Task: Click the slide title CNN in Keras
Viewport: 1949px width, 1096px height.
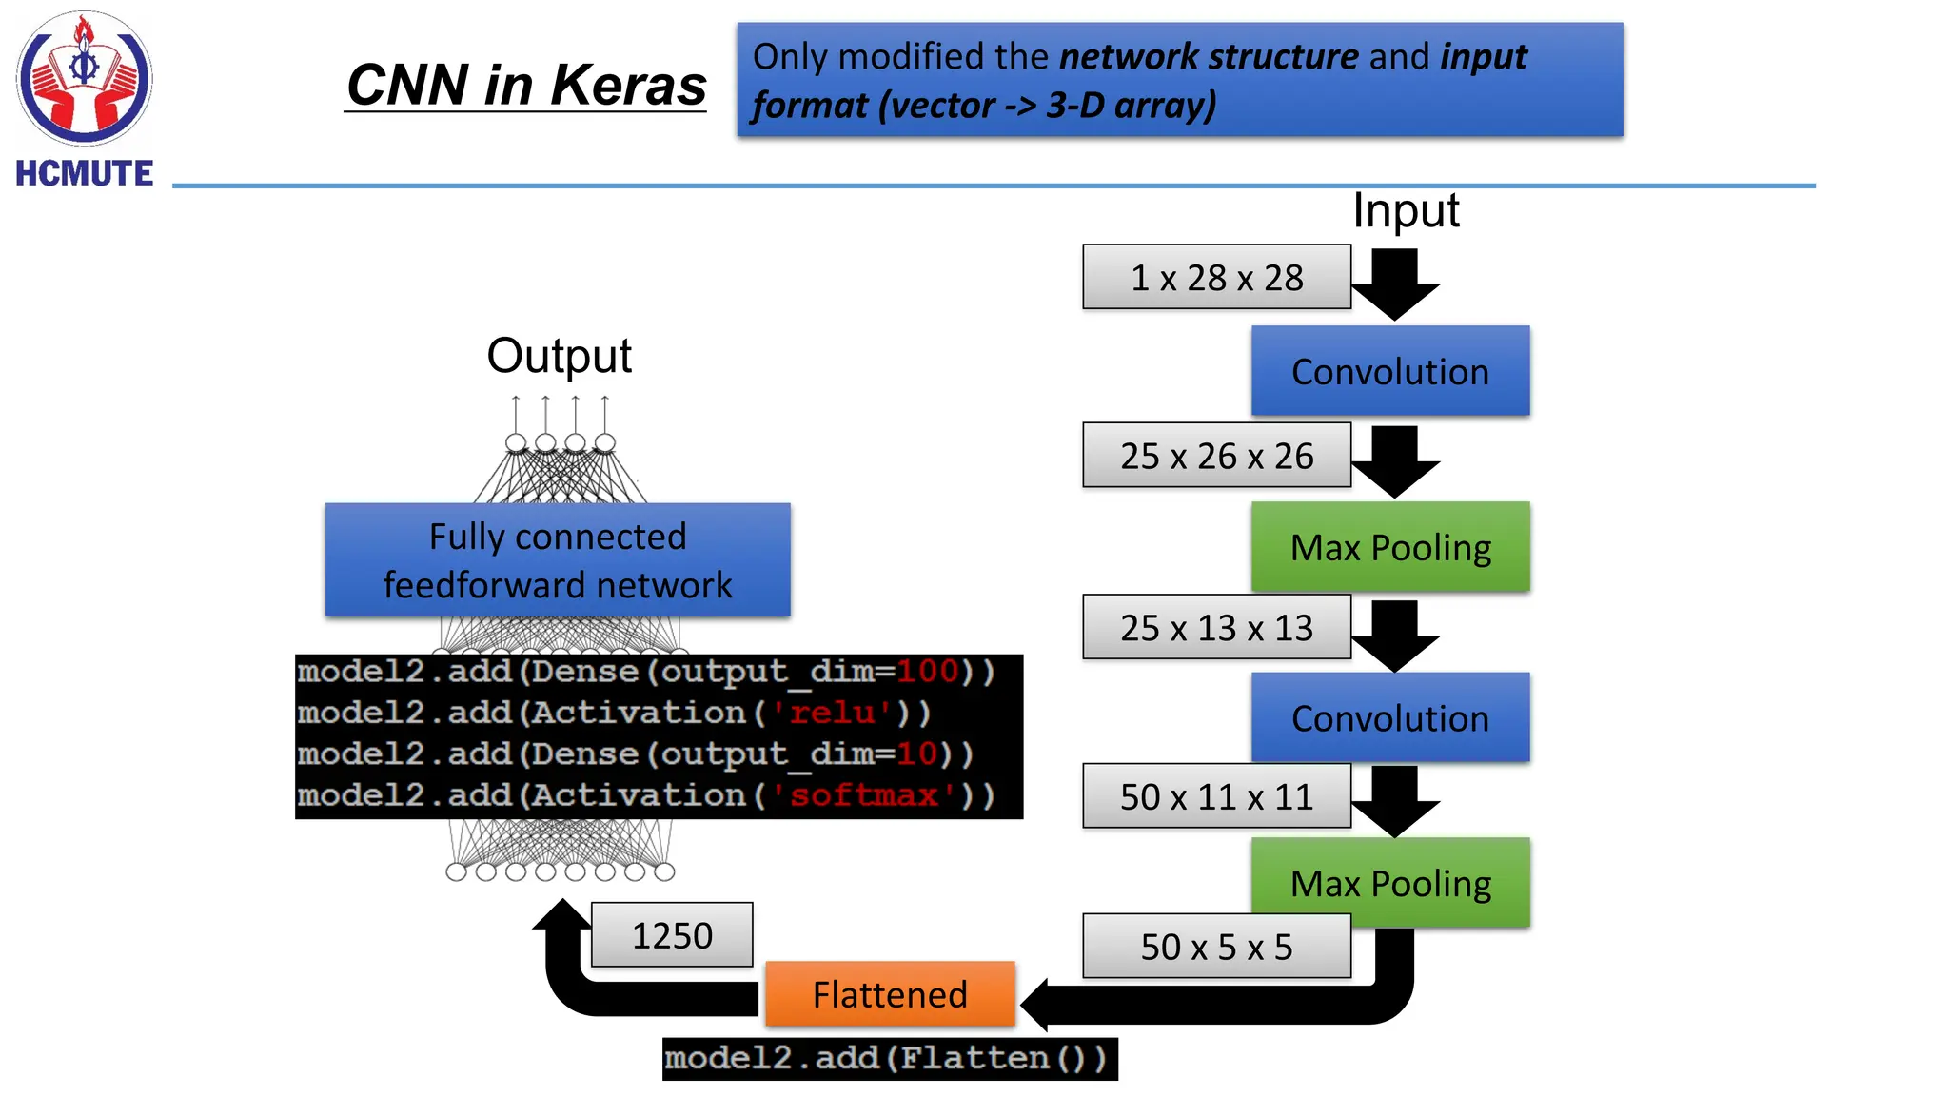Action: click(525, 85)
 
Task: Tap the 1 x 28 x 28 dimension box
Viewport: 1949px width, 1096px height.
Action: click(1216, 278)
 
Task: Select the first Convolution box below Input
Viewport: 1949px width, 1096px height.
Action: click(1389, 371)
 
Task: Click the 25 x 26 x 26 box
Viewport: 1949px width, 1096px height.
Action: click(1216, 456)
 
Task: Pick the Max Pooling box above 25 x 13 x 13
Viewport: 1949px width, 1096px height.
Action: click(1389, 547)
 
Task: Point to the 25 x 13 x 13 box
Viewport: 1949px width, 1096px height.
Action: click(1216, 628)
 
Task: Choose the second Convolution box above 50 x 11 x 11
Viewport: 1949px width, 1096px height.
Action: click(1389, 718)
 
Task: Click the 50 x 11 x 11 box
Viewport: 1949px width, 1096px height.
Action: click(1216, 796)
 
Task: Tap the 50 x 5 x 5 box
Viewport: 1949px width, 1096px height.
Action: click(1216, 947)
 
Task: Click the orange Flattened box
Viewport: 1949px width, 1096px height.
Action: click(890, 994)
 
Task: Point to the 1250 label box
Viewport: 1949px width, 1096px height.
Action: click(672, 935)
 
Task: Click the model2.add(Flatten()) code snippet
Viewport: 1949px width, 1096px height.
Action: click(889, 1059)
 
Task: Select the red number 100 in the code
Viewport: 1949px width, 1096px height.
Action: click(928, 672)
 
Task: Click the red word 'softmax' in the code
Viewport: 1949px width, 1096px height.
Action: click(864, 794)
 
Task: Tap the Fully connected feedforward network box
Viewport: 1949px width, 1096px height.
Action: click(558, 560)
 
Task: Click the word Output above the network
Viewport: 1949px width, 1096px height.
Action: click(559, 356)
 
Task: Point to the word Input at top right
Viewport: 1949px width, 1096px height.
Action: click(1406, 210)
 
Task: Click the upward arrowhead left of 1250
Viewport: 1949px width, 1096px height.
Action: click(561, 914)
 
